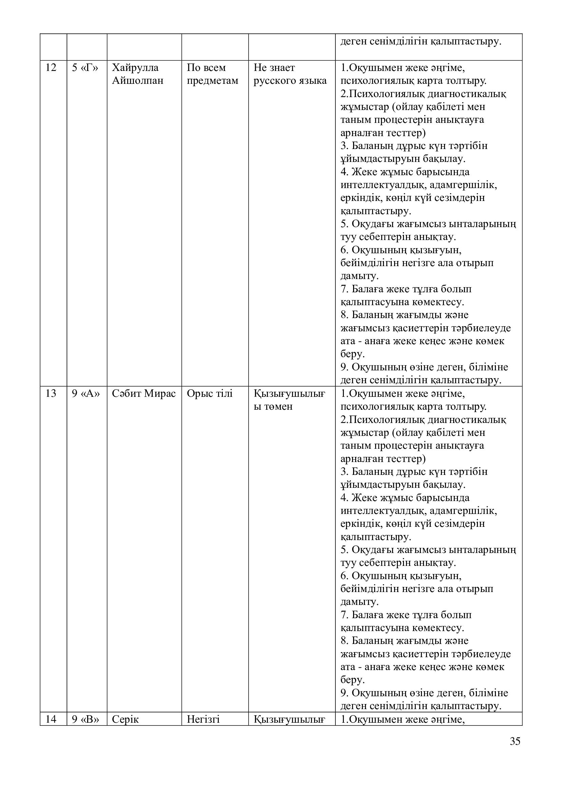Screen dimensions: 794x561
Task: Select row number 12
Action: click(x=51, y=68)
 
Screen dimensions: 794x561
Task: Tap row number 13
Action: click(x=51, y=393)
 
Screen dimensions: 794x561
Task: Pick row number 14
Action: click(x=51, y=719)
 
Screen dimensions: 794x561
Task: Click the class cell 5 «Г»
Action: click(x=85, y=68)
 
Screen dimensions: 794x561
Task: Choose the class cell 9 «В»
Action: click(x=85, y=719)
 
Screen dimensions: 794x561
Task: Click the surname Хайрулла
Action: click(x=135, y=68)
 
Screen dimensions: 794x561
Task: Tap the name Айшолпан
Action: click(x=137, y=80)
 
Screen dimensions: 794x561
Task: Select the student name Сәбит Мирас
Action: click(x=144, y=393)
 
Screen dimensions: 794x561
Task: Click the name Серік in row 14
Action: click(x=125, y=719)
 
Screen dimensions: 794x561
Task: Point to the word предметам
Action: click(x=212, y=80)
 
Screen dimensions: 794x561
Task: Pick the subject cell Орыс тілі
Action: click(x=210, y=393)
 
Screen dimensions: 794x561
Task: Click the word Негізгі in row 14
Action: click(x=203, y=719)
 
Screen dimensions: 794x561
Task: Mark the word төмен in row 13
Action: click(x=273, y=406)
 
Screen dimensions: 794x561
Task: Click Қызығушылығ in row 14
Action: click(x=289, y=719)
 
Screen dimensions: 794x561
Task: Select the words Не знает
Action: click(x=274, y=68)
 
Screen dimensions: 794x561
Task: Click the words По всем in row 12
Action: click(x=206, y=68)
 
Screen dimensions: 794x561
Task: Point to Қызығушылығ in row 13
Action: click(x=289, y=393)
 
